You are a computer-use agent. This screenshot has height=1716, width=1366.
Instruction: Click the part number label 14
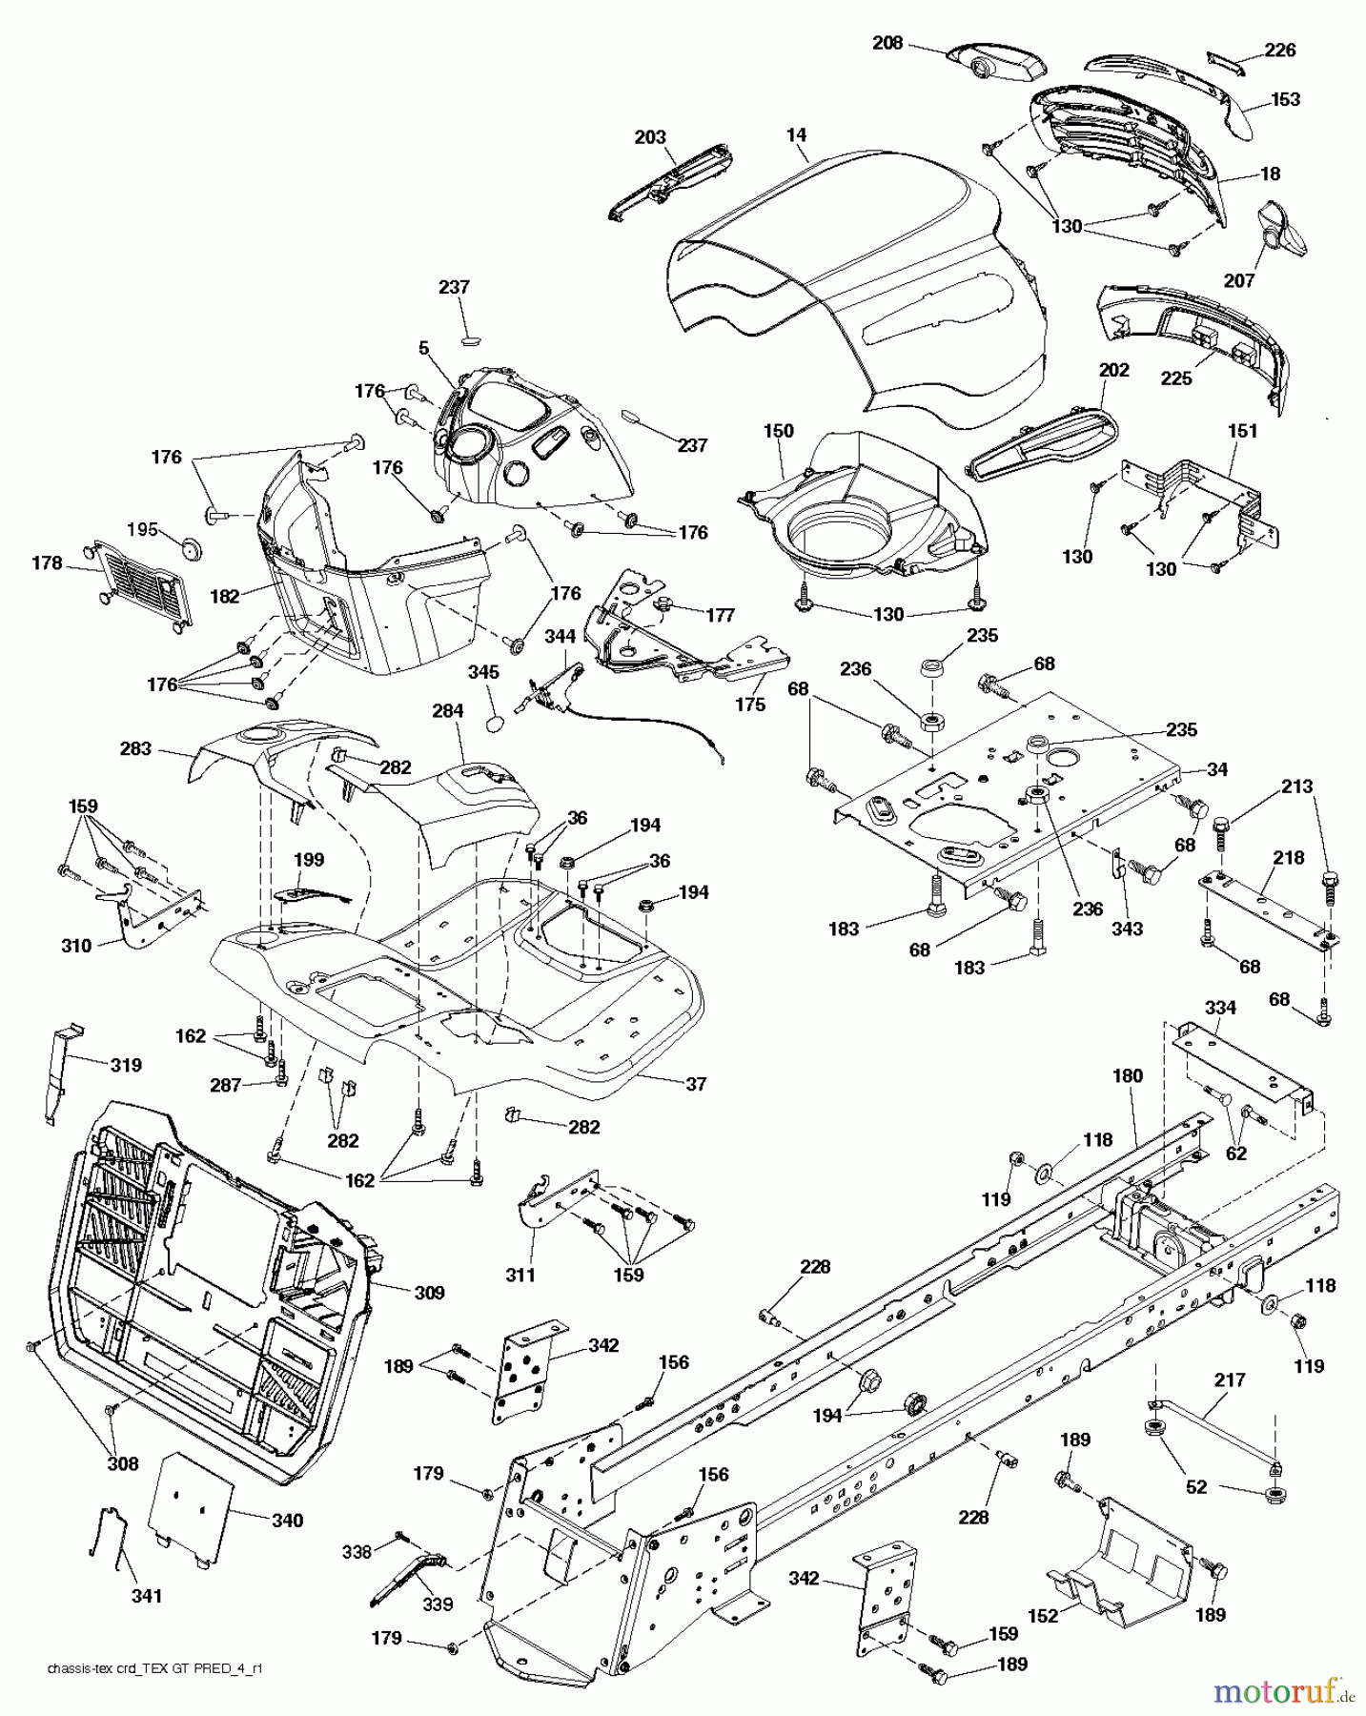pyautogui.click(x=797, y=135)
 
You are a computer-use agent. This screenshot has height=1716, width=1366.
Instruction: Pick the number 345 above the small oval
pyautogui.click(x=483, y=672)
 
